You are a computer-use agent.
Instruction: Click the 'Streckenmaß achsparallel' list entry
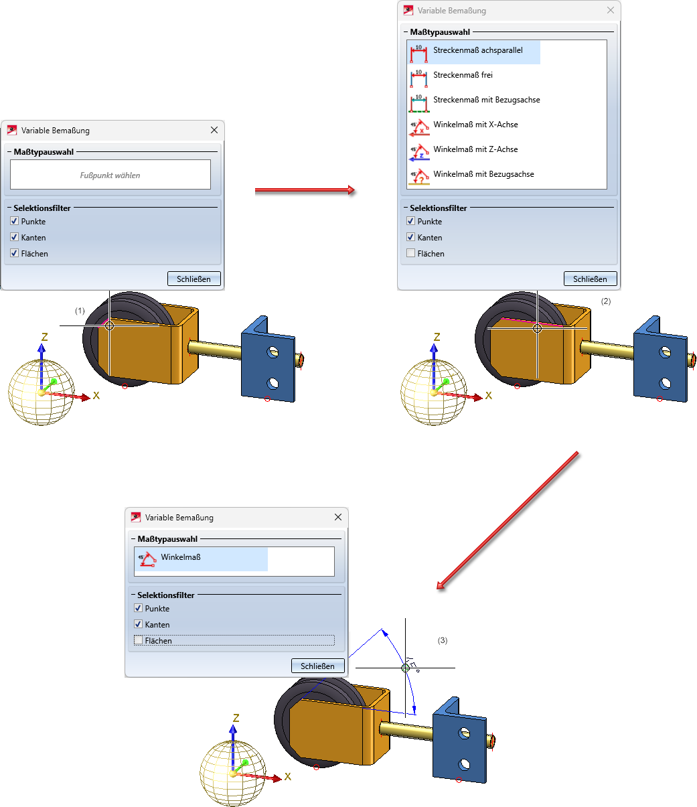click(x=477, y=51)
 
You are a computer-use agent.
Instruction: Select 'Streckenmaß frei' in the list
click(x=463, y=76)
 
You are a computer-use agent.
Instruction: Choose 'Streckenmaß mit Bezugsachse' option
click(x=486, y=100)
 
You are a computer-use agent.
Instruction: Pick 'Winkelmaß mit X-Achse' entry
click(x=475, y=125)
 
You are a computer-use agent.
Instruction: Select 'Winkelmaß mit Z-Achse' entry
click(x=475, y=150)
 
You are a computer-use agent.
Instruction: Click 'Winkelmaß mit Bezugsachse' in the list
click(x=483, y=175)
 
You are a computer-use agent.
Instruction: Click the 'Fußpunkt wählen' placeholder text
click(x=110, y=175)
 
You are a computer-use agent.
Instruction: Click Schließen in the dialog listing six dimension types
click(x=590, y=279)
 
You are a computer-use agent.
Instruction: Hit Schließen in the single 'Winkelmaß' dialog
click(x=317, y=666)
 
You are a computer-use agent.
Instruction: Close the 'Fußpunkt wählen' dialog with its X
click(x=214, y=131)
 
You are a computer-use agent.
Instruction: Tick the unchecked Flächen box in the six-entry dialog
click(x=411, y=254)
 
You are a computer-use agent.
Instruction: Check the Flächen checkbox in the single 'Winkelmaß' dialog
click(x=139, y=641)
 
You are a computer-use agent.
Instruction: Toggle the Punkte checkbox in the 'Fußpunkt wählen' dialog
click(x=15, y=222)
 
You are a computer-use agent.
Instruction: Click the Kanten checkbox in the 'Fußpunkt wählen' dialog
click(x=15, y=238)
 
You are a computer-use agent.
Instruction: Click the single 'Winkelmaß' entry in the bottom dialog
click(x=180, y=558)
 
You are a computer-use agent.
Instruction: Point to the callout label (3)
click(x=443, y=641)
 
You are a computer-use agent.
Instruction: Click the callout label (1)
click(x=80, y=311)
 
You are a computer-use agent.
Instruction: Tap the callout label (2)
click(x=606, y=301)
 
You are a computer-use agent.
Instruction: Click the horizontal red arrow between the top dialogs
click(x=305, y=191)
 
